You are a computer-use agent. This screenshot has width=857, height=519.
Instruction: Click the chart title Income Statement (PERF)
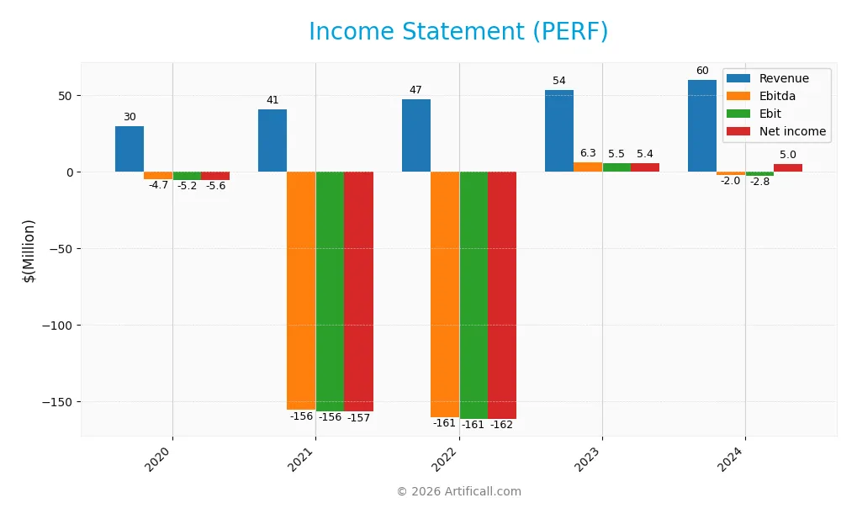click(x=458, y=32)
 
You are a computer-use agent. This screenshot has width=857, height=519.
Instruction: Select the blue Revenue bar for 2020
click(x=130, y=149)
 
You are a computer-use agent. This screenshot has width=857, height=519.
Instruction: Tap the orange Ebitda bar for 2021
click(x=301, y=290)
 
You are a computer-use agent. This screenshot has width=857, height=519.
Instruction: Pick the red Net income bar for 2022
click(x=502, y=294)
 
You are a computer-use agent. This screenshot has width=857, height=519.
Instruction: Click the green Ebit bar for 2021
click(x=330, y=290)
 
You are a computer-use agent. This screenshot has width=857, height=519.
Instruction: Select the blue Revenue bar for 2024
click(x=702, y=126)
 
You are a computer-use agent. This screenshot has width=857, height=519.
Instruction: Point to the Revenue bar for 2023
click(x=559, y=131)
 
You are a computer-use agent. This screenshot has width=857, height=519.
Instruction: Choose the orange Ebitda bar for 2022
click(x=445, y=294)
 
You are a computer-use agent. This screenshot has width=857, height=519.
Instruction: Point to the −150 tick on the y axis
click(x=59, y=401)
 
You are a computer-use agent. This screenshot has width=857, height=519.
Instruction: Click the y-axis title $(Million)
click(x=29, y=250)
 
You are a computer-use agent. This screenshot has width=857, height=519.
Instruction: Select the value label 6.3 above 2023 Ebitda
click(x=588, y=153)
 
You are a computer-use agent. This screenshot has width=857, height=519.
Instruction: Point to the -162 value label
click(x=502, y=425)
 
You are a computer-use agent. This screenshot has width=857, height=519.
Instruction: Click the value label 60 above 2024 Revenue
click(x=702, y=71)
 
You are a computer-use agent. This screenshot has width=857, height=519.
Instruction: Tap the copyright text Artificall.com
click(x=458, y=491)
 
